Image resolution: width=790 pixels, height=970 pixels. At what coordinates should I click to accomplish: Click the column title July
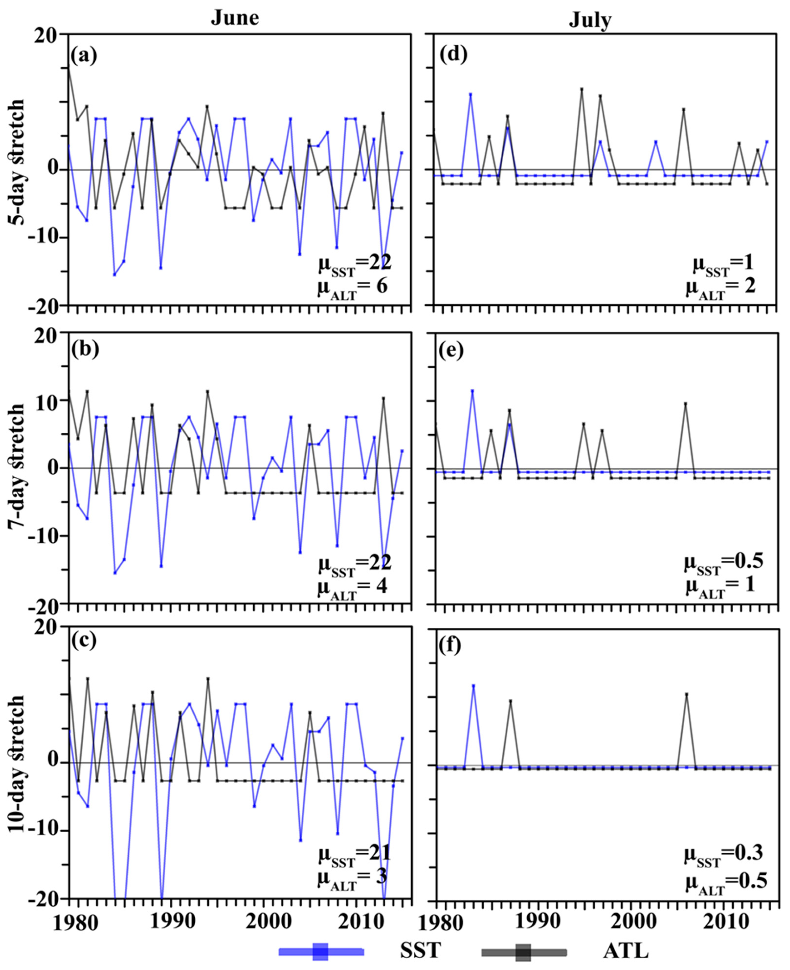(x=590, y=20)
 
